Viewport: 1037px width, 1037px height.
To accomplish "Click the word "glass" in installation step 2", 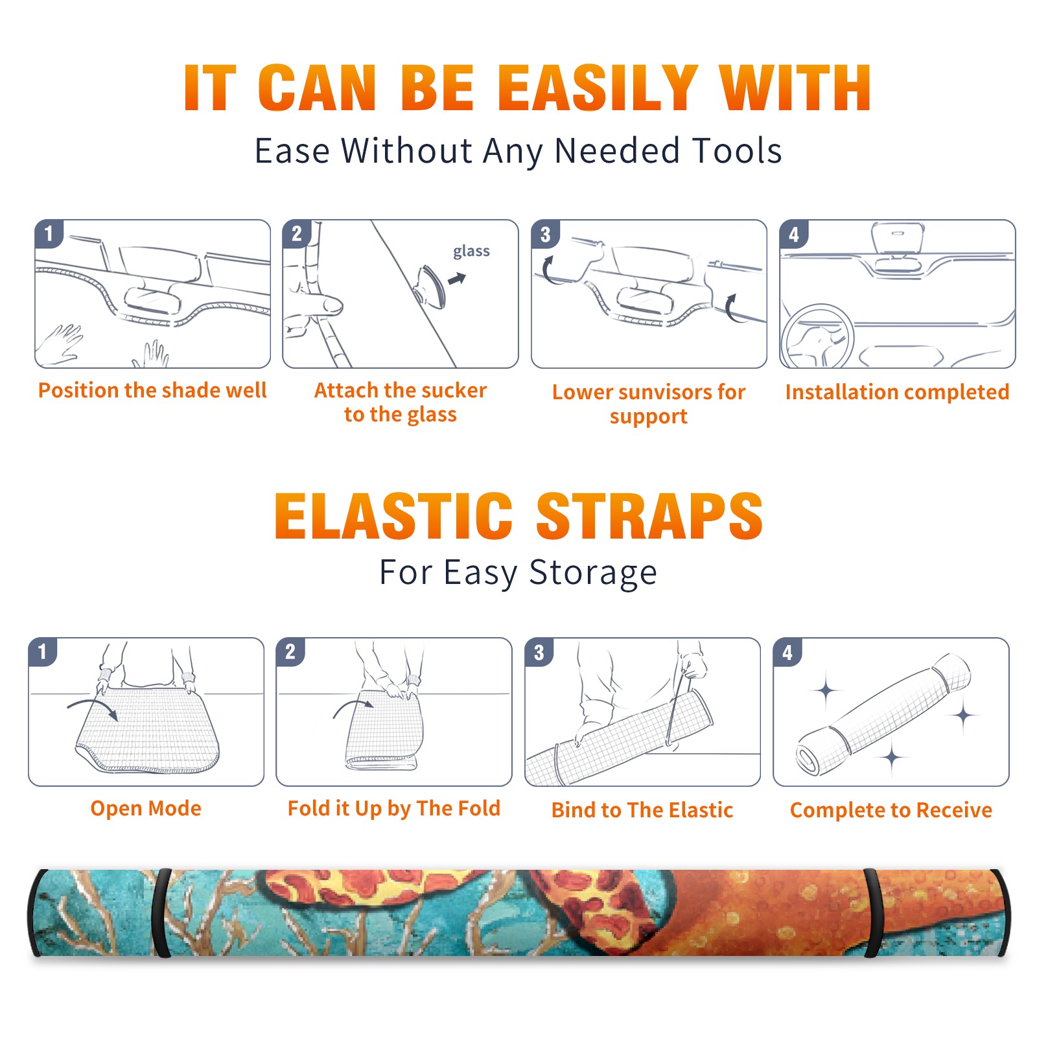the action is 471,251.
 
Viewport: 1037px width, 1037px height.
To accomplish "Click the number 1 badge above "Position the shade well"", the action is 49,233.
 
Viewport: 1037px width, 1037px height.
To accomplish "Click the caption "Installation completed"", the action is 897,391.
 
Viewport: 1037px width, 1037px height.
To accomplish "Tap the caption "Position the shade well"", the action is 152,390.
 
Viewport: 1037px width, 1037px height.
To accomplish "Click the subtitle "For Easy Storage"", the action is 518,573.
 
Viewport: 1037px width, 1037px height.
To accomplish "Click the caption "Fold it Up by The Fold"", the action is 394,808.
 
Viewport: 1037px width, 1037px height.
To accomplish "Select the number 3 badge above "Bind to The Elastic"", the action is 539,652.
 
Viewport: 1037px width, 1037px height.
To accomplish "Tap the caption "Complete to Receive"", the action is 891,810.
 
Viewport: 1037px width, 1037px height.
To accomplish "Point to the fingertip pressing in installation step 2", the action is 334,305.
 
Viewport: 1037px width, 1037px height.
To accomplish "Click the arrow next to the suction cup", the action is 458,279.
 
